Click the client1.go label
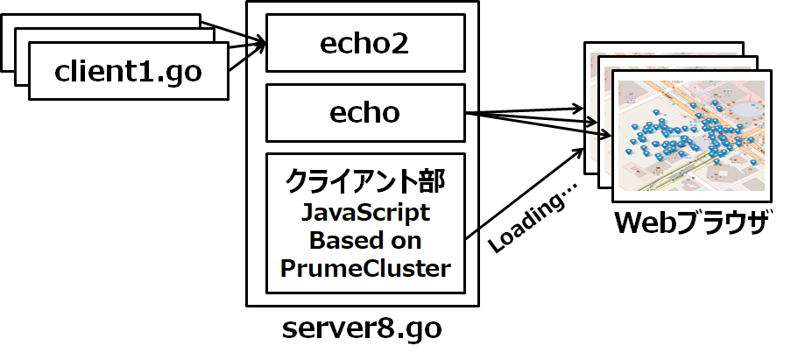pyautogui.click(x=128, y=71)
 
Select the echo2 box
pyautogui.click(x=364, y=42)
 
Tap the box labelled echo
pyautogui.click(x=364, y=113)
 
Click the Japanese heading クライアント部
pyautogui.click(x=365, y=182)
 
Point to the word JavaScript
pyautogui.click(x=365, y=213)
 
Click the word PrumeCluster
pyautogui.click(x=365, y=269)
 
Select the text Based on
pyautogui.click(x=365, y=241)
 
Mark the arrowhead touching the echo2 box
pyautogui.click(x=260, y=43)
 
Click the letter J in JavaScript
pyautogui.click(x=307, y=213)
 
